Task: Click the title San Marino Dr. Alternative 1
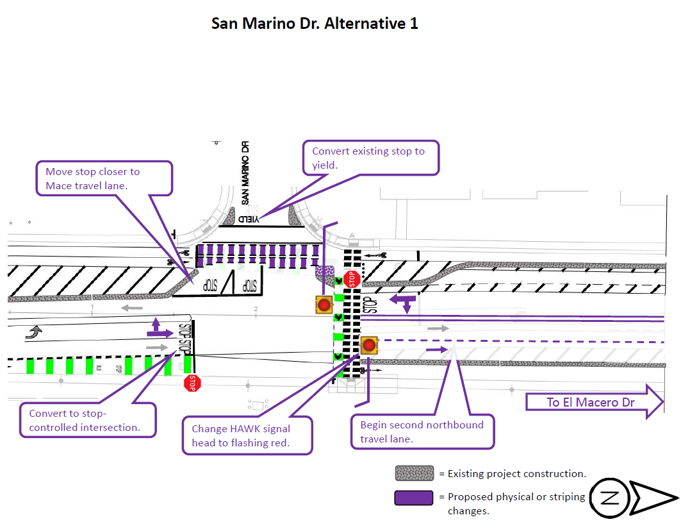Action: (315, 24)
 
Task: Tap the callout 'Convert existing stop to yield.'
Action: (371, 158)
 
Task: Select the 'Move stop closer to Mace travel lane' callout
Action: (104, 178)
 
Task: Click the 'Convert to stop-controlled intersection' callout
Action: (88, 420)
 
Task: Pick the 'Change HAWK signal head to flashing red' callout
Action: (247, 436)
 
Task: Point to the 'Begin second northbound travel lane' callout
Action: (422, 432)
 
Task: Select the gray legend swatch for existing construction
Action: (415, 474)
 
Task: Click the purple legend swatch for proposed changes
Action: (415, 498)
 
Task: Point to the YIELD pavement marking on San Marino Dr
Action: (249, 219)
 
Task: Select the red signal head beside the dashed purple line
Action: (368, 346)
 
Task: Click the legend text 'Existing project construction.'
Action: (512, 474)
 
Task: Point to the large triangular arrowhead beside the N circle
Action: (654, 498)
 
